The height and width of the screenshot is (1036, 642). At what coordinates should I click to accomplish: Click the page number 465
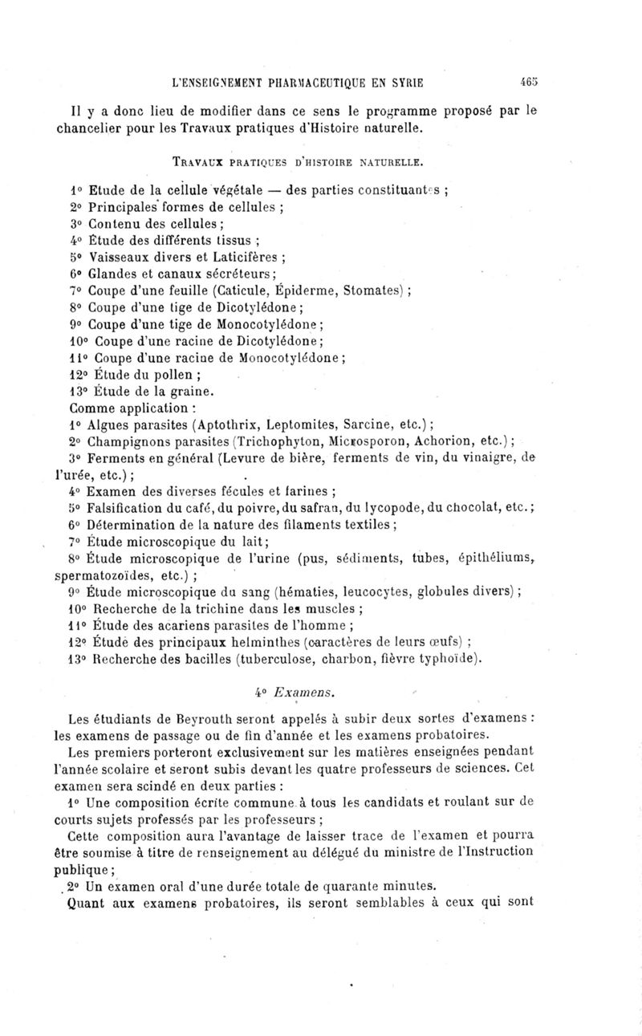click(x=529, y=81)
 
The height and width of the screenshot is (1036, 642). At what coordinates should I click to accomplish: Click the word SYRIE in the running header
click(x=405, y=82)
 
